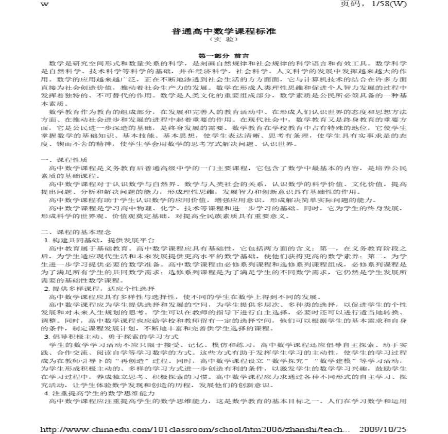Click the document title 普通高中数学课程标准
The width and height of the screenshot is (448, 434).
point(223,31)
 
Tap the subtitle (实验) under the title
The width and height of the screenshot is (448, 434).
point(223,40)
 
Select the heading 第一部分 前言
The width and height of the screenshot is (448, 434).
point(224,55)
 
